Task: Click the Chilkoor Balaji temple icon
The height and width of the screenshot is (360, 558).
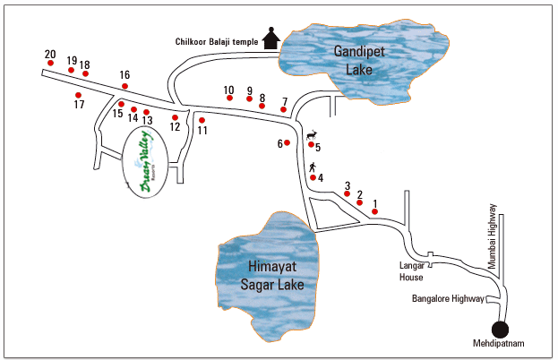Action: (271, 39)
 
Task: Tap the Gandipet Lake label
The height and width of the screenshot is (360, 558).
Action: (359, 61)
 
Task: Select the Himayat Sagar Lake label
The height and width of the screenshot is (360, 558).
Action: (272, 276)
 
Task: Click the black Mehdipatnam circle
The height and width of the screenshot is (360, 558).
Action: (500, 330)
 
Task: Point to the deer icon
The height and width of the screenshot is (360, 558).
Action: (312, 135)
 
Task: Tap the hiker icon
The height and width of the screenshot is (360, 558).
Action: (313, 167)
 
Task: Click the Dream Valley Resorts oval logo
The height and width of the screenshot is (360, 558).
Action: (145, 162)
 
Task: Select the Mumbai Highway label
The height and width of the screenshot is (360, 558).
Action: (492, 236)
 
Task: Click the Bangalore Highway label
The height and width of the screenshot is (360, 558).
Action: (448, 298)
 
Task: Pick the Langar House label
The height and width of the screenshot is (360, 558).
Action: (411, 271)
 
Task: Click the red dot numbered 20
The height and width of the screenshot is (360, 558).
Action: (50, 63)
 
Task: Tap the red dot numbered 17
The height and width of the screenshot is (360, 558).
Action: (78, 95)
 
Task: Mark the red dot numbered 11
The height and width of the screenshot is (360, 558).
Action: (202, 120)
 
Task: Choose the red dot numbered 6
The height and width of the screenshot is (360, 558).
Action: (287, 142)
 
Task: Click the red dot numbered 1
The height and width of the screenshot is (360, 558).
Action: (374, 211)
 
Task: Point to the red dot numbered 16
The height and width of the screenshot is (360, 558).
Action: (124, 86)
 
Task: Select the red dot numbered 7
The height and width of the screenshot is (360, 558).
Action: (283, 109)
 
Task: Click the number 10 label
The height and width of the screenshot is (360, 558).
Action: (228, 90)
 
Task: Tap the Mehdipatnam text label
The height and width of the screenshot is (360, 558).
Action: (498, 343)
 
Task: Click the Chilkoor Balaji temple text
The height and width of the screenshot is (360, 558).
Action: (217, 41)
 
